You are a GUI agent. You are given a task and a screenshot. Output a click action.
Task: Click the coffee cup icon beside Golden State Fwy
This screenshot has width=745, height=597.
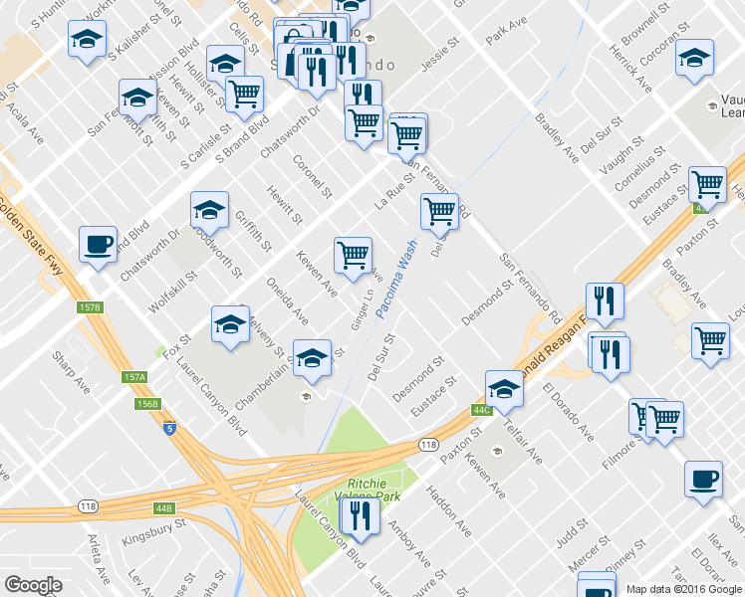click(98, 245)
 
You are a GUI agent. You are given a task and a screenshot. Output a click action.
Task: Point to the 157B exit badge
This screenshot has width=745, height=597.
click(90, 308)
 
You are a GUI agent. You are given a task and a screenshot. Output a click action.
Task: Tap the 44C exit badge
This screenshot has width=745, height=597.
click(482, 409)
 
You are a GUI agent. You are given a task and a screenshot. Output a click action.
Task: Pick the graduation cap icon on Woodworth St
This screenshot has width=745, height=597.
click(209, 210)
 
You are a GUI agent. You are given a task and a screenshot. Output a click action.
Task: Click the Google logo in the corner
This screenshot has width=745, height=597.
click(33, 585)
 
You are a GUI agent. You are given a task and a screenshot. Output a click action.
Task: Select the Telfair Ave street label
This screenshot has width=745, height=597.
click(521, 444)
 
